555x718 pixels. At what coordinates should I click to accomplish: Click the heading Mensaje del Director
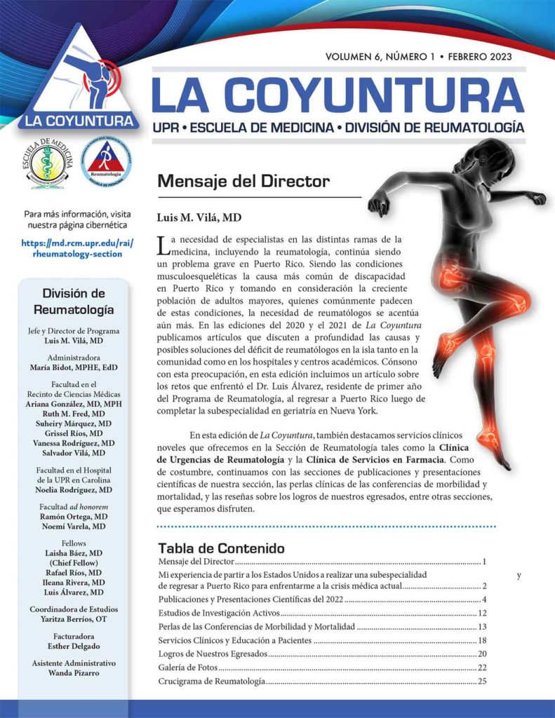click(x=243, y=182)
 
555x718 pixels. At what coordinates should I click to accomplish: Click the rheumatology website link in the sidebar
click(x=76, y=249)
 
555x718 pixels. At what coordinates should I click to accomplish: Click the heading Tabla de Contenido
click(x=220, y=548)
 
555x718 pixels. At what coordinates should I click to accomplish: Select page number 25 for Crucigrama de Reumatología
click(x=481, y=681)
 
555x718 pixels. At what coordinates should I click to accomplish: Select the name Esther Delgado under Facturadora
click(x=74, y=647)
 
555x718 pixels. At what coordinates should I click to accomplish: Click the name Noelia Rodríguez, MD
click(x=74, y=489)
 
